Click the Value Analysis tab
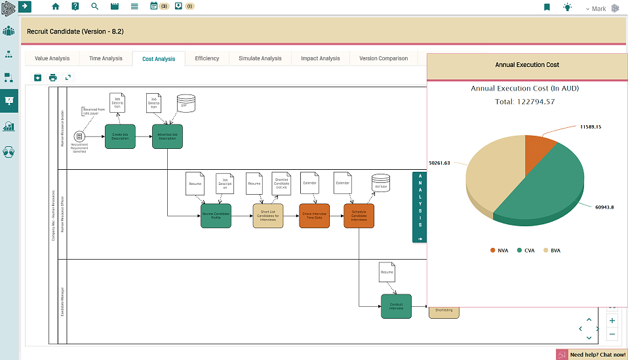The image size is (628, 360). tap(52, 58)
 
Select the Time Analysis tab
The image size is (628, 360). tap(106, 58)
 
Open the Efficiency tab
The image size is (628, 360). tap(207, 58)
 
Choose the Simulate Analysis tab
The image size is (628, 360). tap(260, 58)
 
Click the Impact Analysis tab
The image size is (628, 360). tap(320, 58)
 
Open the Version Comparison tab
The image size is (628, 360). tap(383, 58)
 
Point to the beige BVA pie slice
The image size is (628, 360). tap(492, 177)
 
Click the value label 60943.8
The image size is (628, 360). tap(603, 207)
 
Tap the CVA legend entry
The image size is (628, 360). tap(528, 250)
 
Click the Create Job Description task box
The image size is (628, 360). tap(120, 136)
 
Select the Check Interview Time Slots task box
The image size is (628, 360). tap(314, 216)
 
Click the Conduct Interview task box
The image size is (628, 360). tap(396, 306)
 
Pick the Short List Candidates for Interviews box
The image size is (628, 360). tap(267, 216)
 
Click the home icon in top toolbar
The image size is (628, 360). tap(56, 7)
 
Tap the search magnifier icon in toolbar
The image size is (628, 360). tap(94, 7)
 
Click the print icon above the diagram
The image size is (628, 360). tap(53, 77)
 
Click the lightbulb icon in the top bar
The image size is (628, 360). tap(567, 7)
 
